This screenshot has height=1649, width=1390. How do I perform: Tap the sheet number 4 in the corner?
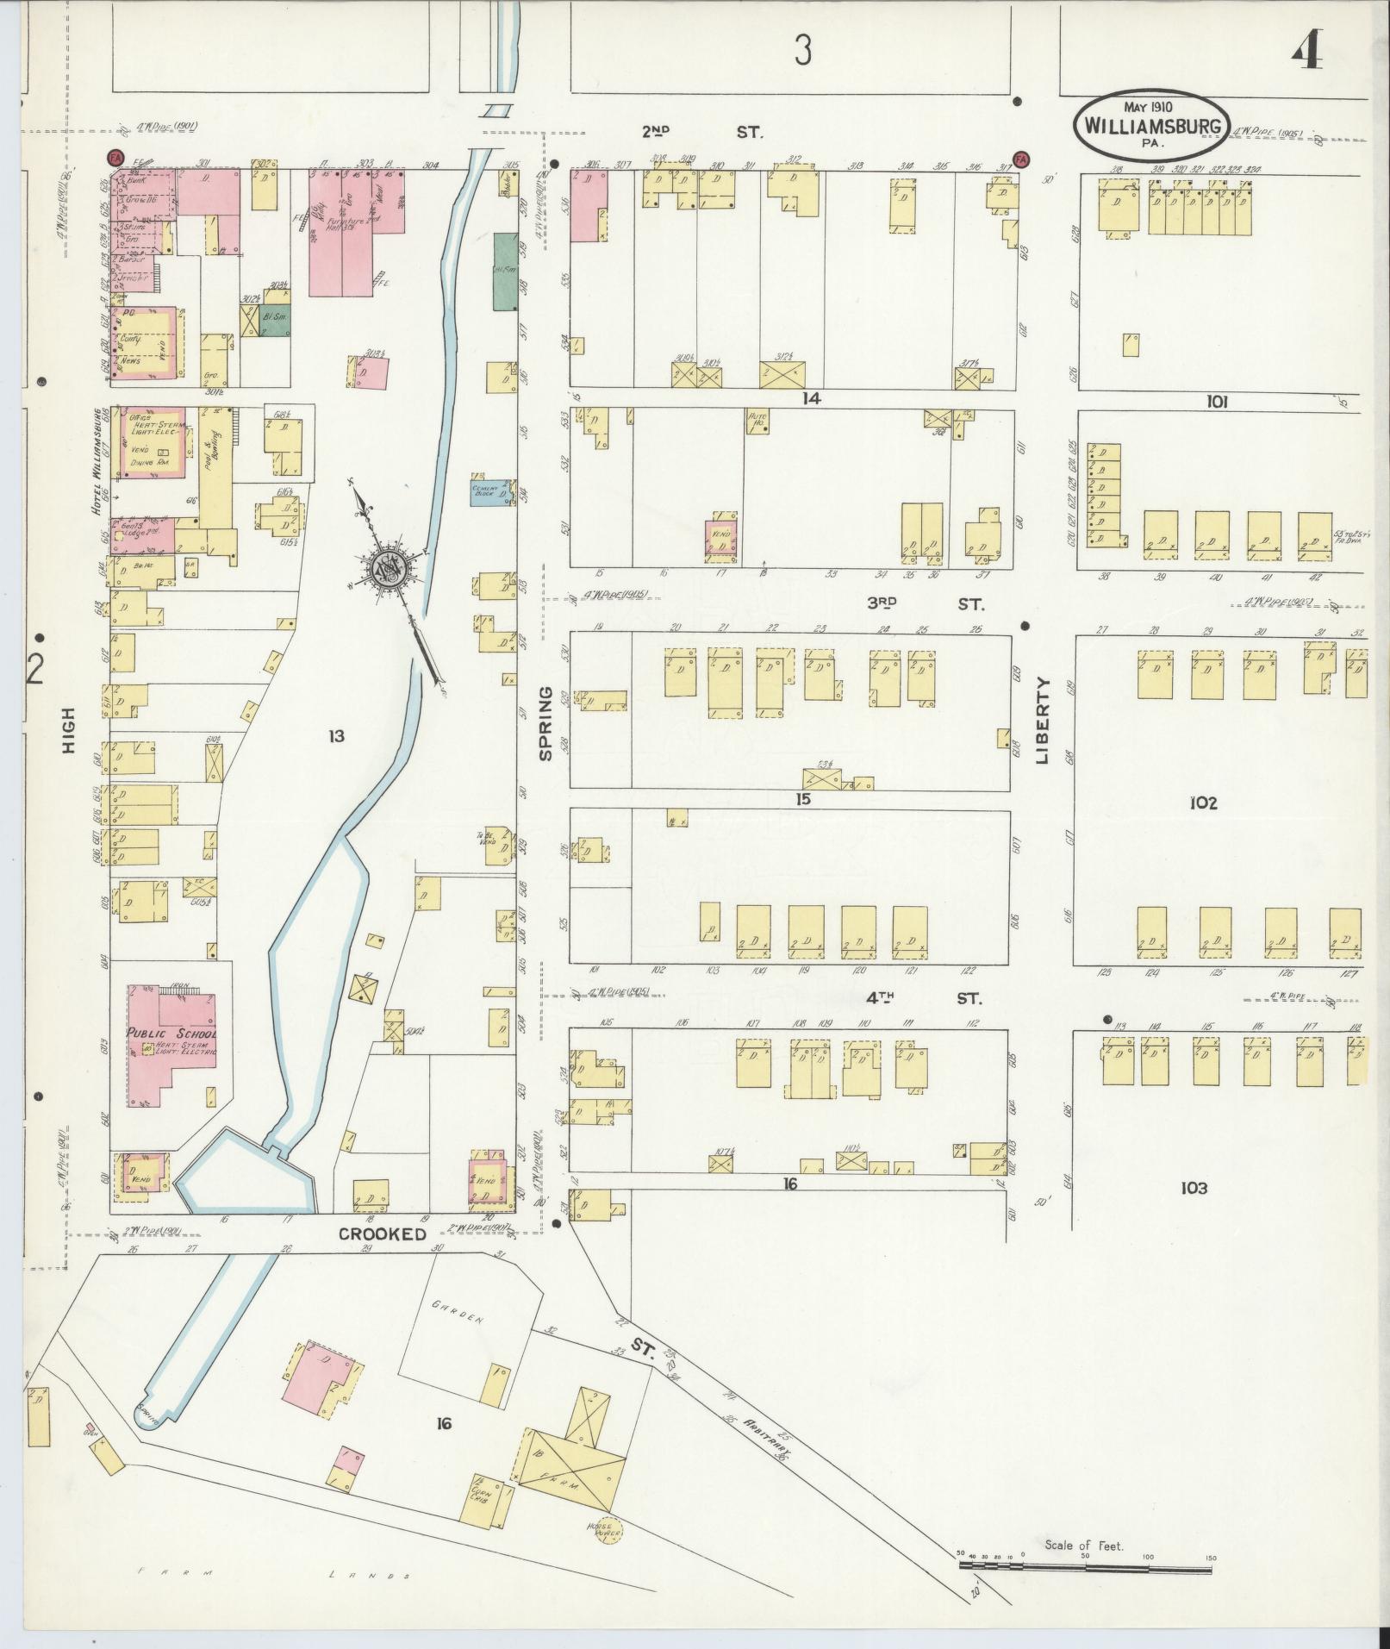pyautogui.click(x=1307, y=53)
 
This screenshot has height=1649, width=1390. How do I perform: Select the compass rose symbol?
pyautogui.click(x=389, y=570)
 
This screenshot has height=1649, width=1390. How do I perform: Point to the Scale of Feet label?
pyautogui.click(x=1083, y=1546)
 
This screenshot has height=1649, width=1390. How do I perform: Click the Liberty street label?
pyautogui.click(x=1044, y=721)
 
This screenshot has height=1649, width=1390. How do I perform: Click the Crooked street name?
pyautogui.click(x=382, y=1234)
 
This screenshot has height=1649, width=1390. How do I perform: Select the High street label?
pyautogui.click(x=69, y=730)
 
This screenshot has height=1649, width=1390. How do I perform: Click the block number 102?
pyautogui.click(x=1203, y=803)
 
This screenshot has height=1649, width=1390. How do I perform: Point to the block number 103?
pyautogui.click(x=1194, y=1189)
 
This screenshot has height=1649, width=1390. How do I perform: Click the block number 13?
pyautogui.click(x=336, y=735)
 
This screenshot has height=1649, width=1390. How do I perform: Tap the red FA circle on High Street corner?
pyautogui.click(x=114, y=158)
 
